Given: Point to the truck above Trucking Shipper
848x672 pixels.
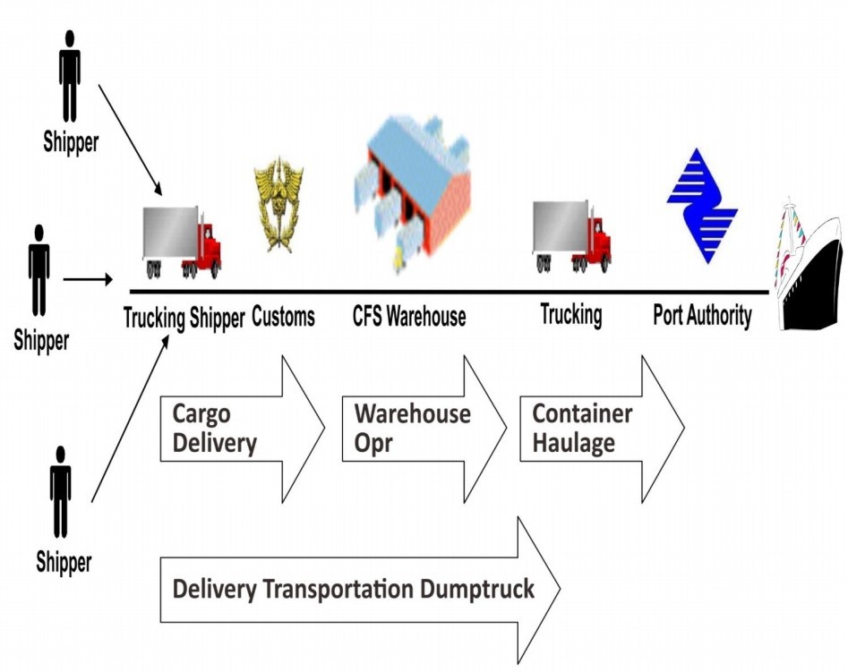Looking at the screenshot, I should pos(181,242).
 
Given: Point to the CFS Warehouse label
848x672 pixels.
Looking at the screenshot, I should pos(409,317).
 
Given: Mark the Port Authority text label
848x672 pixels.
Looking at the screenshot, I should pos(702,316).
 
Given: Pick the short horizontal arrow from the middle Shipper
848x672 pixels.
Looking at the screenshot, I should pos(88,279).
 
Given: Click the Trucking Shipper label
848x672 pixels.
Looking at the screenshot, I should pos(184,318).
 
